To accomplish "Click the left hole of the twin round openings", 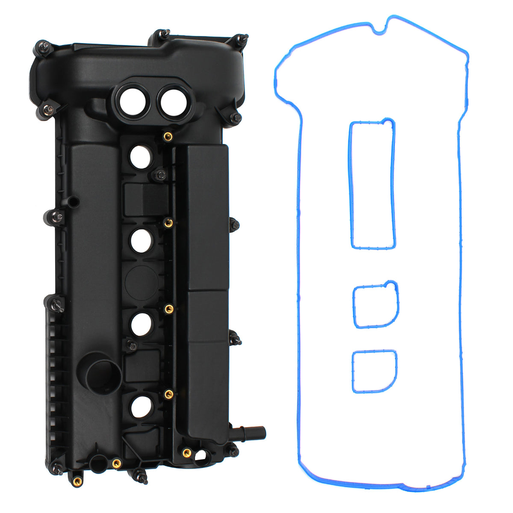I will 131,100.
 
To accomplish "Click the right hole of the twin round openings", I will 173,100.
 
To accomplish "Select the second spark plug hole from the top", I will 141,240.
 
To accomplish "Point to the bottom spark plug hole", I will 141,407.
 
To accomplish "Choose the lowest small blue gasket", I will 374,371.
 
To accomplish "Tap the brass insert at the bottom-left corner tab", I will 76,483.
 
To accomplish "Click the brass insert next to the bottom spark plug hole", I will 168,394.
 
